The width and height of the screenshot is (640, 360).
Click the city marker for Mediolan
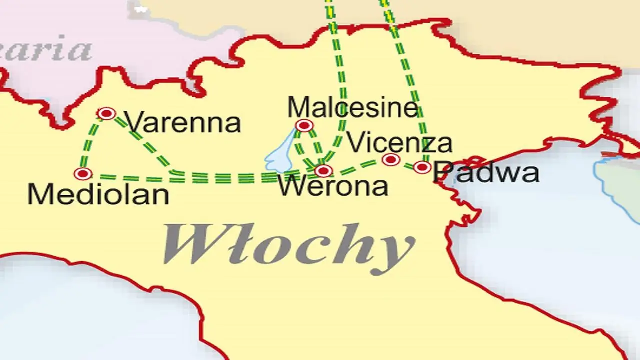click(83, 174)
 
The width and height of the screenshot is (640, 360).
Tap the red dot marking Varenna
click(106, 114)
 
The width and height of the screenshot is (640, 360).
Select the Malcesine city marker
click(304, 125)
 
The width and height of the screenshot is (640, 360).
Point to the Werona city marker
click(323, 171)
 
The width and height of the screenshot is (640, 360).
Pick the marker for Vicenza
click(390, 160)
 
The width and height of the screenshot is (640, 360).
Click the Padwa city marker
click(422, 167)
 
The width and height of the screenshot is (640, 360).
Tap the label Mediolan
click(98, 194)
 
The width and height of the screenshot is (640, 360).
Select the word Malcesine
click(352, 107)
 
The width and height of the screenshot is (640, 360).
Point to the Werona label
click(333, 187)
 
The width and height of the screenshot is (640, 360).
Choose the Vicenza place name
click(399, 143)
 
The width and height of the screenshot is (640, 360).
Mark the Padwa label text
click(486, 173)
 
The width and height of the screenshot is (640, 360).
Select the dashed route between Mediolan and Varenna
click(90, 144)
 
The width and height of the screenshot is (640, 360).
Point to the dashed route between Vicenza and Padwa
click(406, 164)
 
